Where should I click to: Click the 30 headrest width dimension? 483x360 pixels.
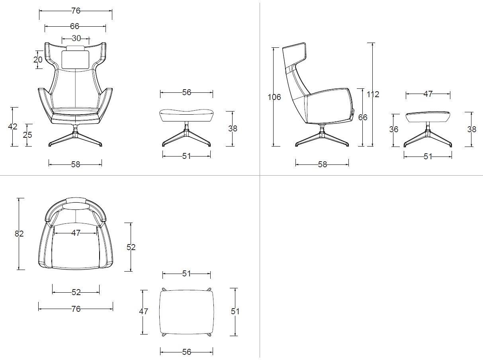tap(76, 39)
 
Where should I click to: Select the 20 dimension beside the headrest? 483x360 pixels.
tap(38, 60)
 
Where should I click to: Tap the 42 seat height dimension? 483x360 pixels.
tap(12, 127)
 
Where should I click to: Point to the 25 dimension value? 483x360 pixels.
tap(27, 135)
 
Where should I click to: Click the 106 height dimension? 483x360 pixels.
tap(274, 97)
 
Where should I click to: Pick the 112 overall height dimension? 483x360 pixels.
tap(373, 94)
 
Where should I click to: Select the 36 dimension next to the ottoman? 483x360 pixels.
tap(394, 129)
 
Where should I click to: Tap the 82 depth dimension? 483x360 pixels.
tap(19, 234)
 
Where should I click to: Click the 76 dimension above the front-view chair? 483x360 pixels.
tap(76, 11)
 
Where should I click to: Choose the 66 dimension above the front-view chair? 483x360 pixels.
tap(74, 26)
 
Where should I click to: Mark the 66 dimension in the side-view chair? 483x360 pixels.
tap(363, 117)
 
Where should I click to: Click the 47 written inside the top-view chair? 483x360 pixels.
tap(76, 233)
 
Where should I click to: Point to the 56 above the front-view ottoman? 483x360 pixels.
tap(187, 92)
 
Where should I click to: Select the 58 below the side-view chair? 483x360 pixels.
tap(323, 164)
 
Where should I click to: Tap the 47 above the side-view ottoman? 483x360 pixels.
tap(428, 94)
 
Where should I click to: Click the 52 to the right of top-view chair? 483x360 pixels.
tap(131, 247)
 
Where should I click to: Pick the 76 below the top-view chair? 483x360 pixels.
tap(76, 309)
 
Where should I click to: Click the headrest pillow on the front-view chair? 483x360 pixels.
tap(76, 59)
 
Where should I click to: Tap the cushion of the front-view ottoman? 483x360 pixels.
tap(187, 115)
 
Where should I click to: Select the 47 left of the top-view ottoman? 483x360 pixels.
tap(143, 311)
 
